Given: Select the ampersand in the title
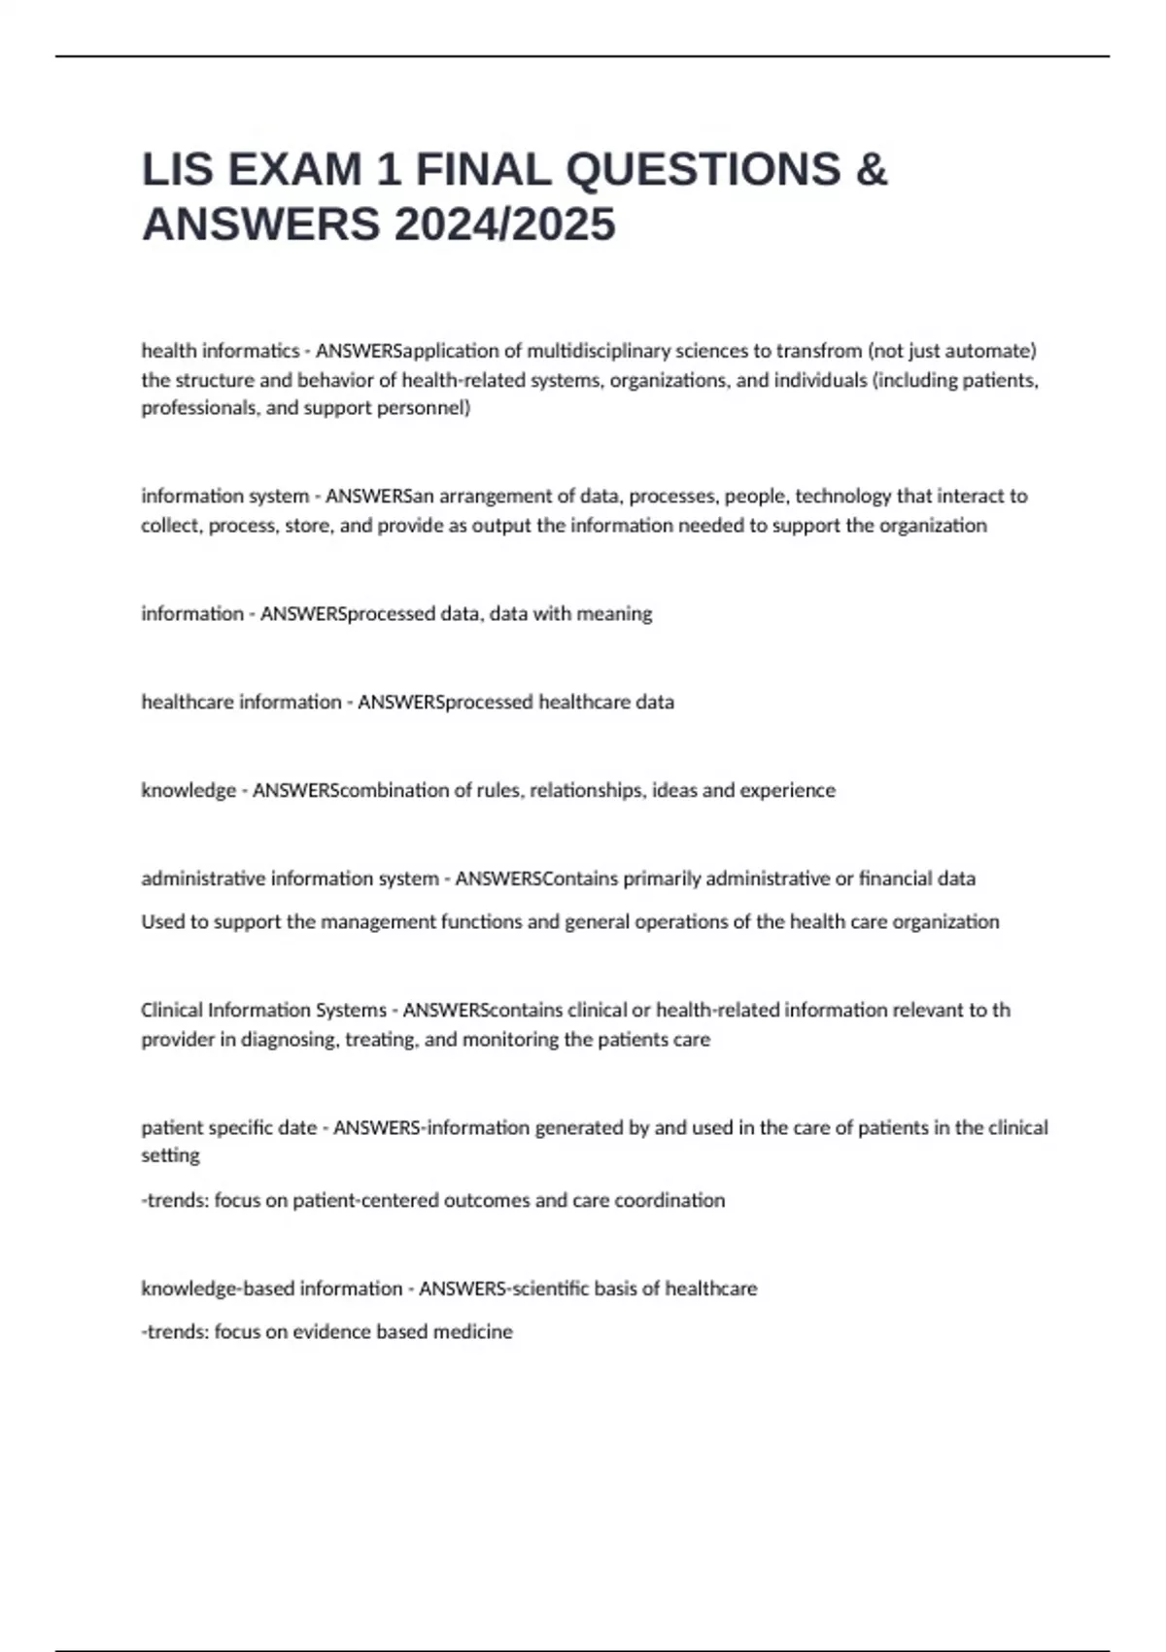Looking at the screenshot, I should [872, 169].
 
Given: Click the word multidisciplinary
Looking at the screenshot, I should [598, 351].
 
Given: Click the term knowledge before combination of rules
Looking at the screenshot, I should [189, 791].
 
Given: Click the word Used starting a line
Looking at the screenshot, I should [162, 922].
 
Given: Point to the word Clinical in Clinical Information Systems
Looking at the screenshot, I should [172, 1011].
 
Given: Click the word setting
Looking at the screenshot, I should [170, 1156].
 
